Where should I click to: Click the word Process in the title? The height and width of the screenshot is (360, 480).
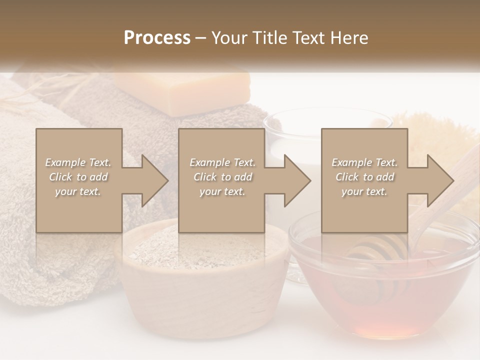point(157,38)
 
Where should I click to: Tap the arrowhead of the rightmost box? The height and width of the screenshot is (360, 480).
point(439,180)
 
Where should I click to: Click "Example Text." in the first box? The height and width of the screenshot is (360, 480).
point(78,162)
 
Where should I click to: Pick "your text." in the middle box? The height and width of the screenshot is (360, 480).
point(222,191)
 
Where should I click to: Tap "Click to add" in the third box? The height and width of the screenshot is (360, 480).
point(364,177)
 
